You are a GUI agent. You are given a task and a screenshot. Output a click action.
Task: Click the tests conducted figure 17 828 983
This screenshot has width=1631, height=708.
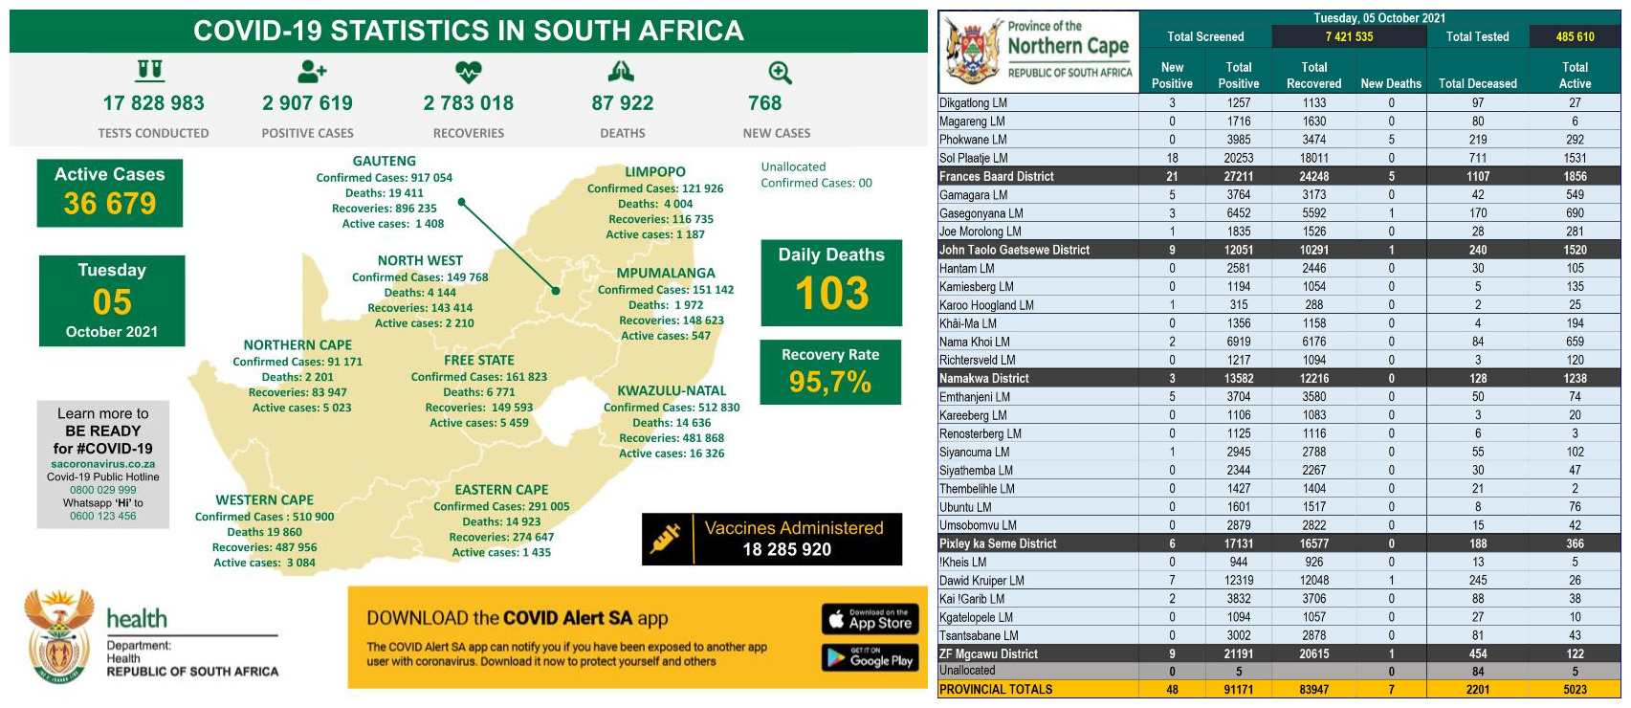pyautogui.click(x=153, y=103)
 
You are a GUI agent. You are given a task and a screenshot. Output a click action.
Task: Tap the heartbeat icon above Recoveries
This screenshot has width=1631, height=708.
pyautogui.click(x=468, y=72)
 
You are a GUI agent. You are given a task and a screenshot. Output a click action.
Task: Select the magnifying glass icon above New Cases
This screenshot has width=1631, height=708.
pyautogui.click(x=780, y=73)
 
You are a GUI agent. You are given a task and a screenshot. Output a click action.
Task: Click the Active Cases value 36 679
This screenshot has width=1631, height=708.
pyautogui.click(x=110, y=204)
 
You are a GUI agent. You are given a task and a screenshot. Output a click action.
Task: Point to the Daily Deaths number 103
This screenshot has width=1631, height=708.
pyautogui.click(x=831, y=294)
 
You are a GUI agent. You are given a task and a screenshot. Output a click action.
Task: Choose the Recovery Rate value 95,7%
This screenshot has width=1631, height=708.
pyautogui.click(x=829, y=383)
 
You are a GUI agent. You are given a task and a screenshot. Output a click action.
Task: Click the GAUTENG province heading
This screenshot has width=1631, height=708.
pyautogui.click(x=384, y=162)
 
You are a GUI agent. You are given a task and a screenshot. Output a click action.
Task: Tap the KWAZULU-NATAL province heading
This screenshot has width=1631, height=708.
pyautogui.click(x=672, y=390)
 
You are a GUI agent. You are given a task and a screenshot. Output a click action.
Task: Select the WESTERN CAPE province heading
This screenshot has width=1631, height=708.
pyautogui.click(x=264, y=500)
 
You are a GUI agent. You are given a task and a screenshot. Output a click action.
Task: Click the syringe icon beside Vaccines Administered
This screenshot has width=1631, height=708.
pyautogui.click(x=666, y=539)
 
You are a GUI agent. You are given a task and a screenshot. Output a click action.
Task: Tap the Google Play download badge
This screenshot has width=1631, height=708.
pyautogui.click(x=870, y=657)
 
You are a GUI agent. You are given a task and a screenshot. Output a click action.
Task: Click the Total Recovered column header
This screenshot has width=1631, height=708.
pyautogui.click(x=1313, y=76)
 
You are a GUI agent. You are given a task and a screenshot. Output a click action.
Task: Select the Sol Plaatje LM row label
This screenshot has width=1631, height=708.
pyautogui.click(x=973, y=158)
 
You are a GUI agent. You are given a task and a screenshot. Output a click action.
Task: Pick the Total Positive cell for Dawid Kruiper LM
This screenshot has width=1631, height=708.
pyautogui.click(x=1238, y=581)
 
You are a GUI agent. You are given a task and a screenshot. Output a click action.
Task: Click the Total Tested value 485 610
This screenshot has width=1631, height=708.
pyautogui.click(x=1574, y=37)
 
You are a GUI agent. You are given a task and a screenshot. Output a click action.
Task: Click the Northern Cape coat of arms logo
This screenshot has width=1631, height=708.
pyautogui.click(x=973, y=52)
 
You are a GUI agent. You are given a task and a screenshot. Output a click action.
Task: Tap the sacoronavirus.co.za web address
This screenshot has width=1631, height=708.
pyautogui.click(x=103, y=464)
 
